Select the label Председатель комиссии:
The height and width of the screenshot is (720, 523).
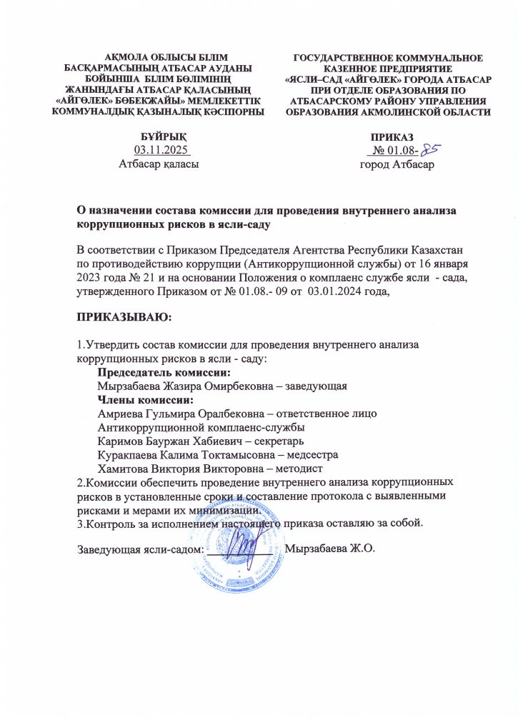[164, 373]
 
